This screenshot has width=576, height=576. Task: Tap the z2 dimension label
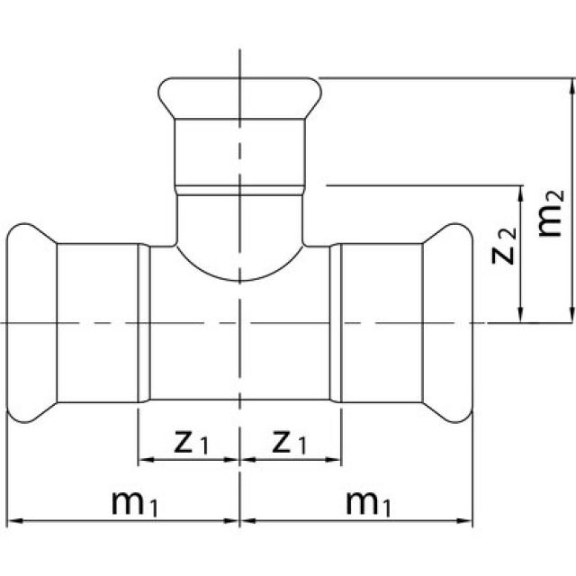pos(508,248)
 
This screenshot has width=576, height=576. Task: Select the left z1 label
pos(190,441)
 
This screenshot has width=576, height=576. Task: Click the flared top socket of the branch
pos(240,94)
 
